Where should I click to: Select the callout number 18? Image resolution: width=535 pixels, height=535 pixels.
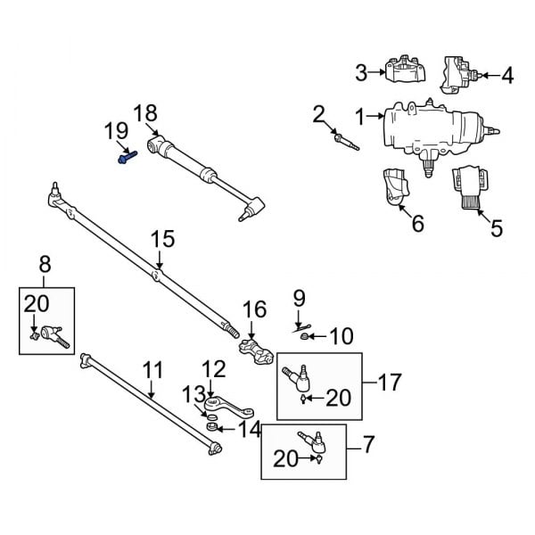point(145,113)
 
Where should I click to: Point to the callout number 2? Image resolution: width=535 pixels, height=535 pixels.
point(319,113)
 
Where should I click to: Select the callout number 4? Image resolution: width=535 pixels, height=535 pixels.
point(506,76)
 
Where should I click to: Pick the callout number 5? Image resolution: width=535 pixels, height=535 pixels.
point(496,227)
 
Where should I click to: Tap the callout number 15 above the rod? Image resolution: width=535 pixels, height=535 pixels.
point(160,240)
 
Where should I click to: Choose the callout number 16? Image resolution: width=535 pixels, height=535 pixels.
point(254,309)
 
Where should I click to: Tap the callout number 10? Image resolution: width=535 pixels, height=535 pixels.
point(342,336)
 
